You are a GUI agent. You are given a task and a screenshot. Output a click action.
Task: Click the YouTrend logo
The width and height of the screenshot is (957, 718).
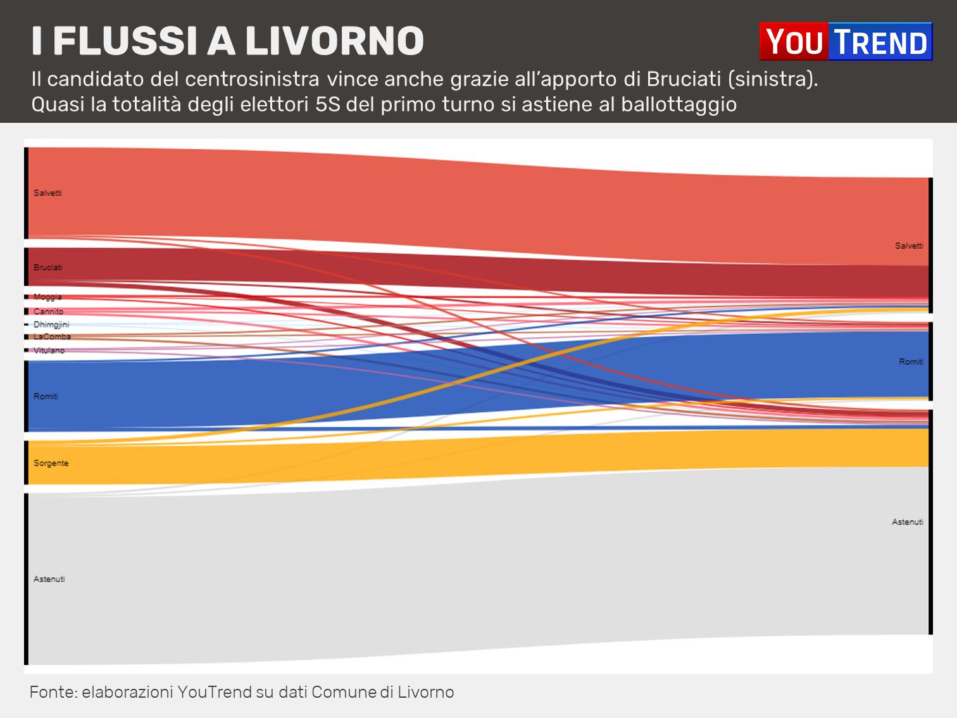(846, 42)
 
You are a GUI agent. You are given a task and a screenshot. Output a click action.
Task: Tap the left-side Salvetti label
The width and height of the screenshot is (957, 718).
(47, 193)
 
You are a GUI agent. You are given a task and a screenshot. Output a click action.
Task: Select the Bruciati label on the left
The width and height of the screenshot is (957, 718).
(48, 268)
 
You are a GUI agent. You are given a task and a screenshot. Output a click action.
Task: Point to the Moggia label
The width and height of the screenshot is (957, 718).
(47, 297)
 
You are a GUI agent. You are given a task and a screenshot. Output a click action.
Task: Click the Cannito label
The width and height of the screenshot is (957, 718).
(48, 312)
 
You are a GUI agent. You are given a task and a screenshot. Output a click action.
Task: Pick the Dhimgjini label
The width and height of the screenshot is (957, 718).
(51, 325)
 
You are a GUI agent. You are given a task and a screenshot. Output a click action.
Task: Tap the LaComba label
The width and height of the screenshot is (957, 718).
(52, 337)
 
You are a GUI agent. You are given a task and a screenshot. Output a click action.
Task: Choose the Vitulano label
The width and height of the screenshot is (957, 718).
(49, 351)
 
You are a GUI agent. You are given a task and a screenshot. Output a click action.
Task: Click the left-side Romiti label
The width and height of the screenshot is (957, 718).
(46, 396)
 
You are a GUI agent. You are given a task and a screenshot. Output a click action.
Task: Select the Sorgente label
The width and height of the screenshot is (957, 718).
(51, 463)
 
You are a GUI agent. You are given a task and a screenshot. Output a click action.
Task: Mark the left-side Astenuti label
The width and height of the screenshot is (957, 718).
(49, 579)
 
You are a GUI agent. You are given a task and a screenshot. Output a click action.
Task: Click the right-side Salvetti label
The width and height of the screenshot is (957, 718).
(909, 246)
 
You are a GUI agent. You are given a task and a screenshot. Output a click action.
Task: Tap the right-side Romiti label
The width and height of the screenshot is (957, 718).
(911, 362)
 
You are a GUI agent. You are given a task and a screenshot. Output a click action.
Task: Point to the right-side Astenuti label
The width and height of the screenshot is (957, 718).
(908, 522)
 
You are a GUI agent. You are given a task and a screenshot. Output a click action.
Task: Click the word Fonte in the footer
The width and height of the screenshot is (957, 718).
(52, 692)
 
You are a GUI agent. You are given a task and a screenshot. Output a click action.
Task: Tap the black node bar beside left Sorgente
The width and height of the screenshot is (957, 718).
(27, 463)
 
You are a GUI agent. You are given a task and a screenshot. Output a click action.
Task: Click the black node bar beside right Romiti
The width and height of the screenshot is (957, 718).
(930, 362)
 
